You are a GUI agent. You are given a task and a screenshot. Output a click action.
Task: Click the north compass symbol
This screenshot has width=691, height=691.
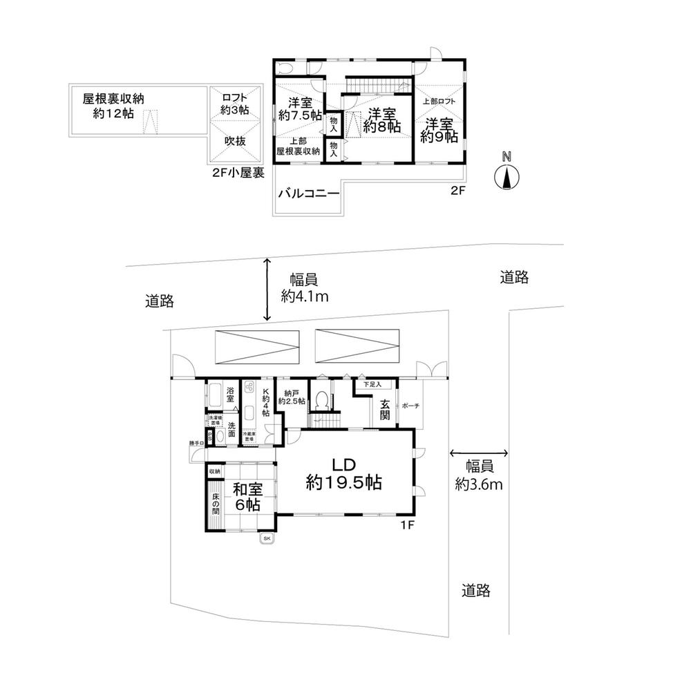507,178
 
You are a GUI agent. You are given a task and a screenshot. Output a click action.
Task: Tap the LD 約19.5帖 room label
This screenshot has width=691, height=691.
344,473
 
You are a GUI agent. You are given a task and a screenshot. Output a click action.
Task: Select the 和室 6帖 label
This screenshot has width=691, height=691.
245,497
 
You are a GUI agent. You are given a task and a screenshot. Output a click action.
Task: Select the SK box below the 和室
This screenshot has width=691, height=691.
266,538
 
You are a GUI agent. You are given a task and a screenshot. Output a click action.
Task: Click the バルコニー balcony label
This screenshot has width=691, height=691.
309,193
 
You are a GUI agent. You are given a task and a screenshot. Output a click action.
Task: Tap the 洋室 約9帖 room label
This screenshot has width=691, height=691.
440,130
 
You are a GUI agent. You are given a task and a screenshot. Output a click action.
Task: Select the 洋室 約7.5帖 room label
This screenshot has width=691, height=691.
298,109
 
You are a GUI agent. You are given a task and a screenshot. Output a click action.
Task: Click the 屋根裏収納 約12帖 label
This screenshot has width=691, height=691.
117,106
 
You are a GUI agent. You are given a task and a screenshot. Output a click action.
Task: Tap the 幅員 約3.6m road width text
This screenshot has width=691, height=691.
479,473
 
